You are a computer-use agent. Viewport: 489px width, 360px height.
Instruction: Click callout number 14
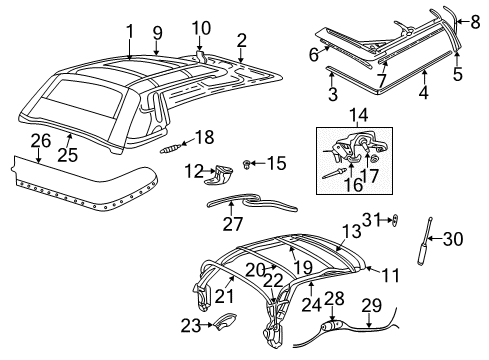click(359, 116)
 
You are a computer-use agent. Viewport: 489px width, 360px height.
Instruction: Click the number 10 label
click(201, 27)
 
